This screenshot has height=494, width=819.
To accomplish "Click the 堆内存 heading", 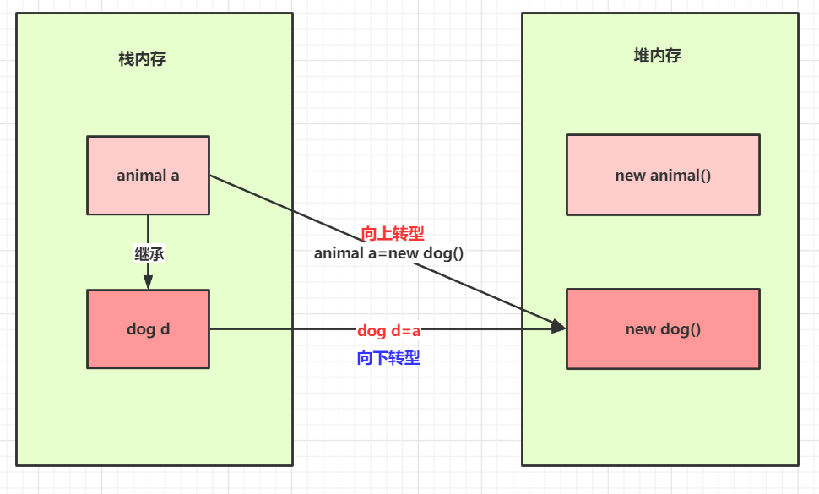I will (657, 56).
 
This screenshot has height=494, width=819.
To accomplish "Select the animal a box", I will (148, 175).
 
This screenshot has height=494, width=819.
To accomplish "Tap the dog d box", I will (148, 329).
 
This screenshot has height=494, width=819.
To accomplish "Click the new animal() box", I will (663, 175).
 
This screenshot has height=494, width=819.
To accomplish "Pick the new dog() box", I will (663, 329).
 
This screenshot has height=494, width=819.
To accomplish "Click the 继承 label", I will (149, 253).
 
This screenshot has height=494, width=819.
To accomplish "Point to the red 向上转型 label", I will (392, 234).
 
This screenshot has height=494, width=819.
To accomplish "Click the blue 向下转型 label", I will (388, 358).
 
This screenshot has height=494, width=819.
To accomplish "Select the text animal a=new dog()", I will (388, 253).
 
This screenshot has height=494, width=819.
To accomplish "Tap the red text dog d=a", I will (388, 330).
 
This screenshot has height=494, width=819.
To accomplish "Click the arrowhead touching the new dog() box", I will (557, 326).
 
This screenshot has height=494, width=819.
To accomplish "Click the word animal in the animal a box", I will (141, 176).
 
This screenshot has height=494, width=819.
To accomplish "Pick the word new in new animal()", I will (630, 176).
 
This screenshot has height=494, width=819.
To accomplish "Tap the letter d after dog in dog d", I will (165, 329).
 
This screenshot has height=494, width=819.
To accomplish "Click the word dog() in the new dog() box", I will (680, 329).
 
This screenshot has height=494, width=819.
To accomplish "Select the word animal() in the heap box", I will (681, 176).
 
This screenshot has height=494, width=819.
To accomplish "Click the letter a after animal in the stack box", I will (175, 176).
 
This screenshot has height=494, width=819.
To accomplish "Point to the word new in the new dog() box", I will (640, 329).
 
